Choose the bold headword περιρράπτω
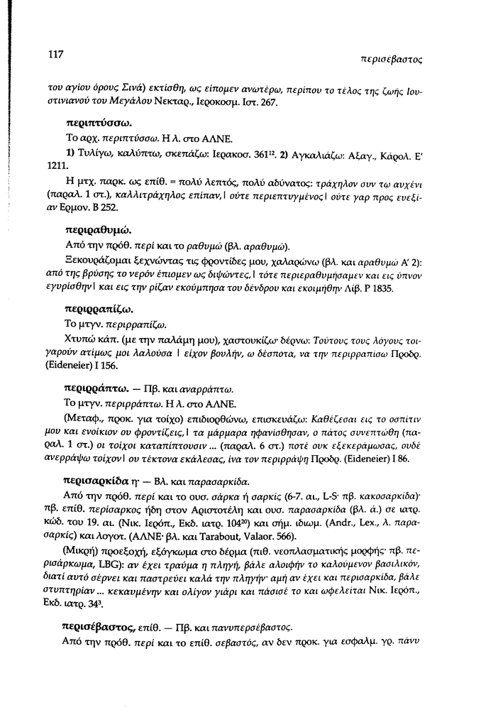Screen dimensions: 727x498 [96, 389]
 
